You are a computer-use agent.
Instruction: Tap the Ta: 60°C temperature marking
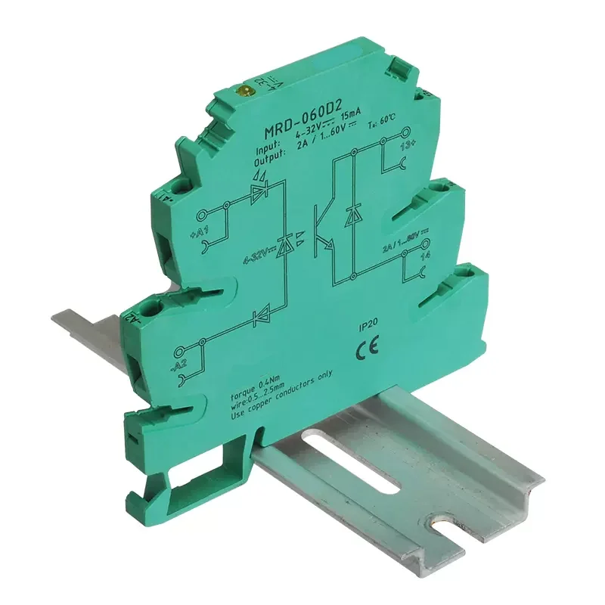pos(402,125)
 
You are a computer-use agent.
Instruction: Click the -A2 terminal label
pos(180,368)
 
